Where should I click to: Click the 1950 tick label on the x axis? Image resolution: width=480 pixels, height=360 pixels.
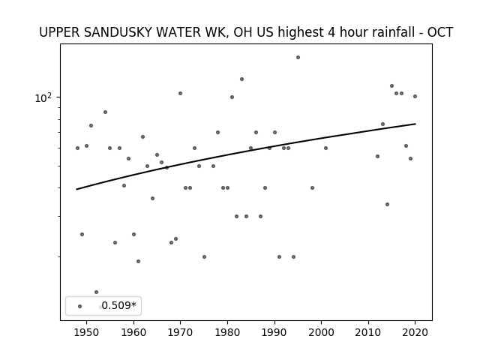pyautogui.click(x=87, y=332)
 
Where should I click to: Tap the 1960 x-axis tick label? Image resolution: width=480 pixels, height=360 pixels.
pyautogui.click(x=133, y=332)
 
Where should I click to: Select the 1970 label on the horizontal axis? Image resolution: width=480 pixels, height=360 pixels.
pyautogui.click(x=181, y=332)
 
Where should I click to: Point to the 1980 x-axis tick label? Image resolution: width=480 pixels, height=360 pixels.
pyautogui.click(x=227, y=332)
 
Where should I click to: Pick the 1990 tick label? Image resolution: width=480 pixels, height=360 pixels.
pyautogui.click(x=274, y=332)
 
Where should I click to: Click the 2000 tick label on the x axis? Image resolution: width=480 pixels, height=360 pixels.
pyautogui.click(x=322, y=332)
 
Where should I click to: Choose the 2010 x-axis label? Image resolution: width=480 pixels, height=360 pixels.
pyautogui.click(x=368, y=332)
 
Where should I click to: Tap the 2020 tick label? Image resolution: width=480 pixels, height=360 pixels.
pyautogui.click(x=415, y=332)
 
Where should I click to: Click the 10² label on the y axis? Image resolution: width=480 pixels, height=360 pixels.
pyautogui.click(x=43, y=97)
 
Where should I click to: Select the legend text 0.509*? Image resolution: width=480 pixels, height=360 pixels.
pyautogui.click(x=118, y=305)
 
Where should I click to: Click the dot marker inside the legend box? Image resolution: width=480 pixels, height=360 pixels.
pyautogui.click(x=80, y=306)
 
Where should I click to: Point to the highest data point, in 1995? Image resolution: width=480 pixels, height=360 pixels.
pyautogui.click(x=298, y=57)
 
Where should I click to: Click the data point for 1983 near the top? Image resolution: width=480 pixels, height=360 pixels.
pyautogui.click(x=241, y=79)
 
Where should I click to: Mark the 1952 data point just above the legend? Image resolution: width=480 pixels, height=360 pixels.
pyautogui.click(x=96, y=292)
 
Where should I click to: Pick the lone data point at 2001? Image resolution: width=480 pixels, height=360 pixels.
pyautogui.click(x=325, y=148)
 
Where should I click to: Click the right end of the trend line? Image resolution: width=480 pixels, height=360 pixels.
pyautogui.click(x=415, y=124)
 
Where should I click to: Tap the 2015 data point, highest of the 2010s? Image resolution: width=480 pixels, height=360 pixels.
pyautogui.click(x=391, y=85)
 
